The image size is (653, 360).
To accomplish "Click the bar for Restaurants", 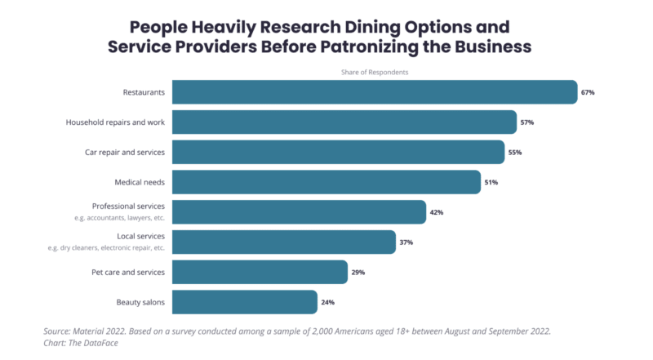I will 375,92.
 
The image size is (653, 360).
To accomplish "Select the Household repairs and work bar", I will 344,122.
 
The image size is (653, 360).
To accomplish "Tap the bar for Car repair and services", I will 338,152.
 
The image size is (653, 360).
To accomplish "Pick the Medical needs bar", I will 326,182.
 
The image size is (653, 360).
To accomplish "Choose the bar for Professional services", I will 299,212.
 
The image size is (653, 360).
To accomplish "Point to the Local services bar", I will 284,242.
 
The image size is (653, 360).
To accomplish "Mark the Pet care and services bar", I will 260,272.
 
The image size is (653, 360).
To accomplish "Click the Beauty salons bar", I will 245,302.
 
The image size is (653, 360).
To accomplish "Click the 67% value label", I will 588,92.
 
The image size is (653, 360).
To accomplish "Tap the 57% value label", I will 526,122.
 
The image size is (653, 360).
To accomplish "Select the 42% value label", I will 436,212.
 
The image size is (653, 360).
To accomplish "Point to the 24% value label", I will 327,302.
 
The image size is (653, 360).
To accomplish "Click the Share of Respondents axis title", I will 375,73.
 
